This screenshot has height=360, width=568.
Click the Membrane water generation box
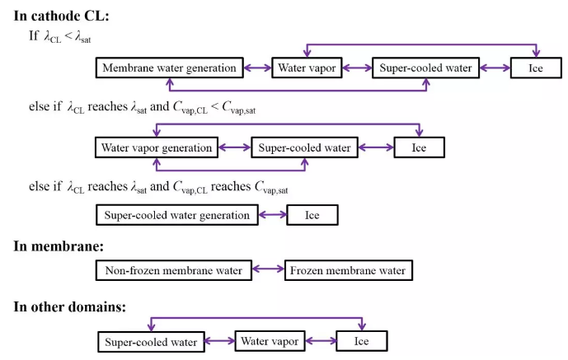point(168,68)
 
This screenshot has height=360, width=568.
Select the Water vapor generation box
point(157,148)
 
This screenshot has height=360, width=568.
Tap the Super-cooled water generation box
point(177,216)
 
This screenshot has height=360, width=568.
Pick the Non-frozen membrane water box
point(174,270)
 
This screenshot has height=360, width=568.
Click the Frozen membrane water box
point(348,270)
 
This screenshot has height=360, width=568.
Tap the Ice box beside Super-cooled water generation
point(312,216)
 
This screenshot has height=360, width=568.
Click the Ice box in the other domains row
point(362,341)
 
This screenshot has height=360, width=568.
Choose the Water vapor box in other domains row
point(270,340)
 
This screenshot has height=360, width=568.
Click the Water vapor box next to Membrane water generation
point(307,68)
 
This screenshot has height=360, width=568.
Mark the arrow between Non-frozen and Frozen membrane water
point(268,270)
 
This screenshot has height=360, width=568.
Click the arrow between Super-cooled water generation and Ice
point(272,216)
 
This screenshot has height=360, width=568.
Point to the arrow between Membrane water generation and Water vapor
point(256,68)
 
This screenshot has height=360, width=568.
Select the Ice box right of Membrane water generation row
point(536,68)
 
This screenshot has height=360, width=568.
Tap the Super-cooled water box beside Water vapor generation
point(304,148)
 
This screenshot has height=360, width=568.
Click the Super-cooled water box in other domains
point(151,341)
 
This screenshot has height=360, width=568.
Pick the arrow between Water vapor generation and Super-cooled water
point(234,148)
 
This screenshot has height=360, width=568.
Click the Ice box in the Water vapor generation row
point(420,148)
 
